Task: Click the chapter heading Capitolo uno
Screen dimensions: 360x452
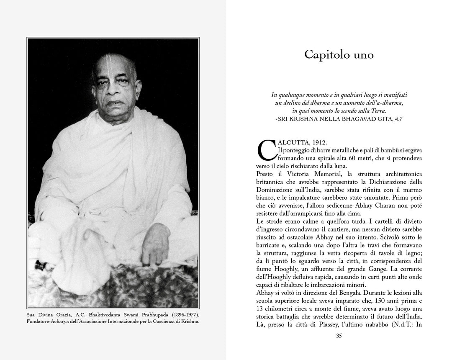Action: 339,55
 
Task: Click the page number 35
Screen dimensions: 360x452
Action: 339,335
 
